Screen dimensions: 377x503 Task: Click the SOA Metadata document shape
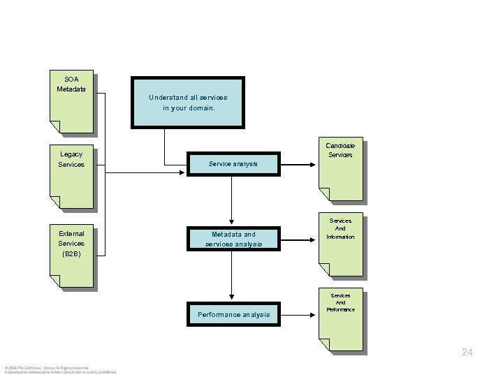tap(71, 101)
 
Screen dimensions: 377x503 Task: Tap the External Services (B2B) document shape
tap(71, 256)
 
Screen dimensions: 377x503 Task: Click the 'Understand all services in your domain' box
tap(188, 102)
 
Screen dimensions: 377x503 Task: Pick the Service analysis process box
tap(233, 164)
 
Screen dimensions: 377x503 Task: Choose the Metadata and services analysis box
tap(233, 239)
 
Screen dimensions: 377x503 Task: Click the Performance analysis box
tap(233, 314)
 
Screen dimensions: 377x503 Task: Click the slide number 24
tap(467, 353)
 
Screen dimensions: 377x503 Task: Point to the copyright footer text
tap(60, 369)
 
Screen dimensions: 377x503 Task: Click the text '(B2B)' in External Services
tap(71, 254)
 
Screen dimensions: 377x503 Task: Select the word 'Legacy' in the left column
tap(71, 154)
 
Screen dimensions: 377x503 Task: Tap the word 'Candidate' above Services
tap(340, 145)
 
